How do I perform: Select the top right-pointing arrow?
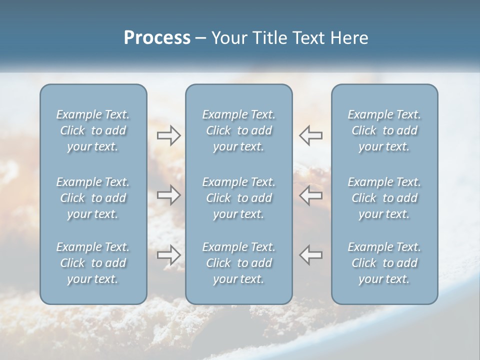[169, 135]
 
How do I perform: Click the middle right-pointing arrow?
[169, 195]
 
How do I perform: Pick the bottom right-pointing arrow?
[169, 255]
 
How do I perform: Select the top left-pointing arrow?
[311, 135]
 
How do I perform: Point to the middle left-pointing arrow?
[311, 195]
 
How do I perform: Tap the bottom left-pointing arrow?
[311, 255]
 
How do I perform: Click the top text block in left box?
[93, 130]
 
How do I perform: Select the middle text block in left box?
[93, 198]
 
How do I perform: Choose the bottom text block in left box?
[93, 263]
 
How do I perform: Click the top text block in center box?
[239, 130]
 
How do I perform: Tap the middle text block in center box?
[239, 198]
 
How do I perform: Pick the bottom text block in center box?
[239, 263]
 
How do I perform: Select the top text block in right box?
[384, 130]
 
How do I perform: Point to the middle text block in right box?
[384, 198]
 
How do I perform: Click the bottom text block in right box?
[384, 263]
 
